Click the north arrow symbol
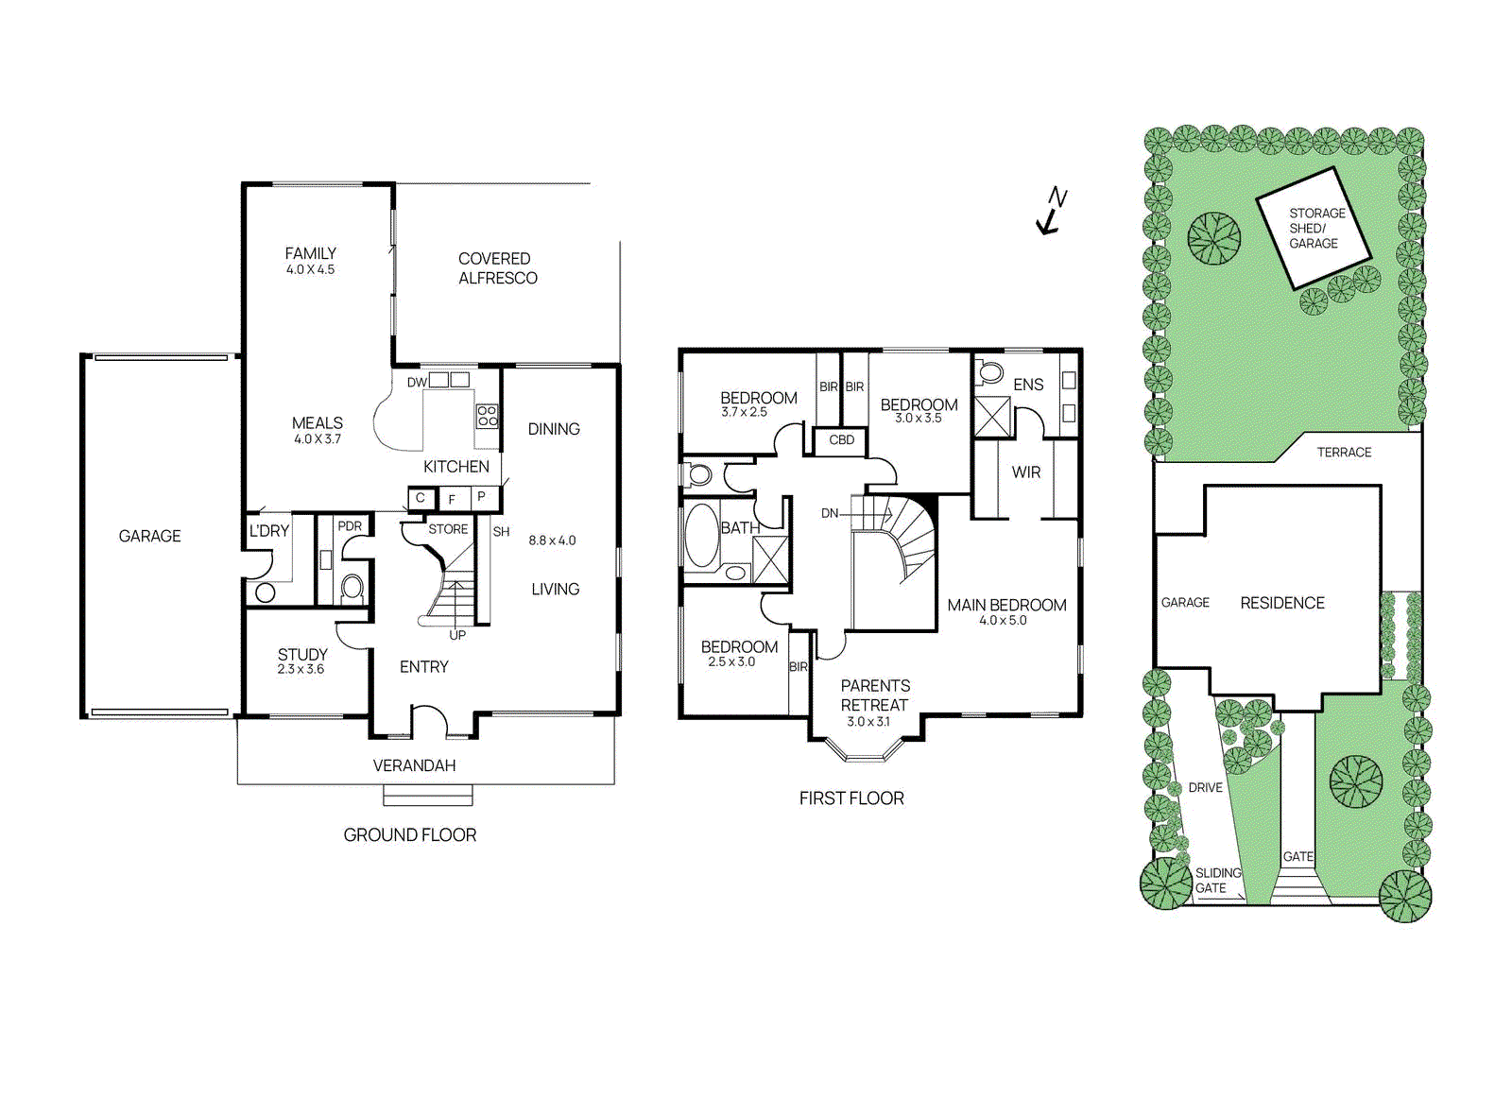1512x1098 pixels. (1051, 212)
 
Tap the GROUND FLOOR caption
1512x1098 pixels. (409, 835)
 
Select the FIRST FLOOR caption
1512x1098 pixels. (851, 798)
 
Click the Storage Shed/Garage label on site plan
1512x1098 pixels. (1314, 228)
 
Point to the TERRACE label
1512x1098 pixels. (1344, 453)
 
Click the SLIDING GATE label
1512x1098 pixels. (1217, 881)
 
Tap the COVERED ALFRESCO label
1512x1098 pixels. (497, 268)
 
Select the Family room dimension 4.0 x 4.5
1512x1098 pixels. (310, 269)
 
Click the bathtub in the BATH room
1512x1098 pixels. (701, 535)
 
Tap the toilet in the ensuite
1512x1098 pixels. (989, 372)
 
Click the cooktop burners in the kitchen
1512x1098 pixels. (487, 416)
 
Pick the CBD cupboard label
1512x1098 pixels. (841, 440)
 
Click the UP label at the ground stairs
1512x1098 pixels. (457, 635)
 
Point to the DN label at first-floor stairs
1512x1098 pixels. (829, 513)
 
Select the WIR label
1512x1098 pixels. (1025, 472)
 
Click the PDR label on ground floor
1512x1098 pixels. (350, 526)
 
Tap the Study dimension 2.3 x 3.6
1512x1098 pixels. (301, 669)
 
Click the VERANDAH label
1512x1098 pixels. (414, 765)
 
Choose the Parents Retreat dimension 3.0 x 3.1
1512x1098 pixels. (868, 722)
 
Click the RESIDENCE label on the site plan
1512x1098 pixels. (1281, 603)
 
